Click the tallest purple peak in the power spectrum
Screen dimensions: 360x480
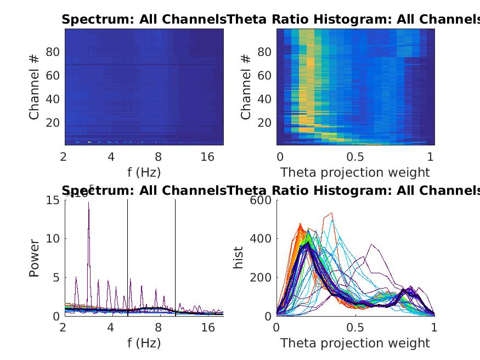88,203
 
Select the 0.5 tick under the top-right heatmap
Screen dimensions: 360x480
355,157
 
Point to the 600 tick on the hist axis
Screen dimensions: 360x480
261,200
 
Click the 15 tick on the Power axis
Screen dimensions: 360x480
53,200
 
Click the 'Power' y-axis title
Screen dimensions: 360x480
34,257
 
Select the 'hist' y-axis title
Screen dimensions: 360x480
239,257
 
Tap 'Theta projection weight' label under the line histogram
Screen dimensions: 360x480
355,344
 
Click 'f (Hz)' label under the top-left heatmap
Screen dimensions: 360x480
144,172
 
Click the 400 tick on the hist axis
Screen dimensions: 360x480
261,239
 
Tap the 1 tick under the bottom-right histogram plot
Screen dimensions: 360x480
434,328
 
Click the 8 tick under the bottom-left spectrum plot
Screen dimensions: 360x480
159,328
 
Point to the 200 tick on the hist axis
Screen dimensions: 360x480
261,278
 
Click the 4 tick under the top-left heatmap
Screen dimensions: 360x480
111,157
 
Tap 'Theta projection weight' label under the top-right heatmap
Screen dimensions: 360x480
355,172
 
